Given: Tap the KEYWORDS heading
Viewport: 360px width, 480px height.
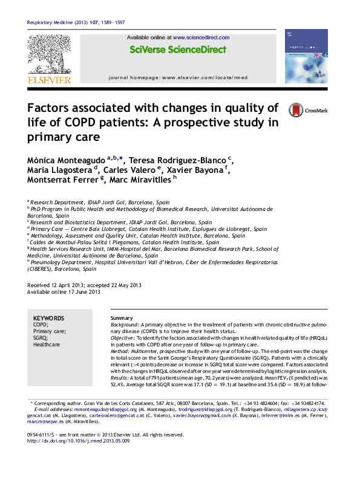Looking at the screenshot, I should coord(48,318).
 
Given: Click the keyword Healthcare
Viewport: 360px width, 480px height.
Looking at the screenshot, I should coord(47,345).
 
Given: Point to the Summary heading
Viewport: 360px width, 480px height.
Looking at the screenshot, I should coord(122,318).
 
